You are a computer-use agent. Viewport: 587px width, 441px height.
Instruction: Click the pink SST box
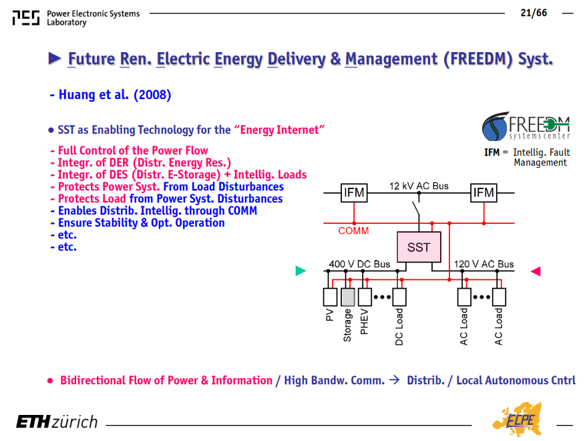419,247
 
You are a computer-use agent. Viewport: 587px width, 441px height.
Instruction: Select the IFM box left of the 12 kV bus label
354,192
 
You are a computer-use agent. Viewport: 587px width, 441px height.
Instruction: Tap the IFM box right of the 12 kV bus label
483,192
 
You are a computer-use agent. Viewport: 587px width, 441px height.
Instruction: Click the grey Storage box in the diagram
348,297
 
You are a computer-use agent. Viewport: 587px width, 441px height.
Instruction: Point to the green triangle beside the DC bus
301,271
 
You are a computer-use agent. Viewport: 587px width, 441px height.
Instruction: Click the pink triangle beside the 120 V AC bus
536,271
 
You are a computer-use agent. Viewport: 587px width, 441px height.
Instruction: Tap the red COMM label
353,231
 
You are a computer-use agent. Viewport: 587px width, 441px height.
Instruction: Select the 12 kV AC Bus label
419,186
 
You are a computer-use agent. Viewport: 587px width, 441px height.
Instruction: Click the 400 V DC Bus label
359,264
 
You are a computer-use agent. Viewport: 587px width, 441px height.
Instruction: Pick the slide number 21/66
534,13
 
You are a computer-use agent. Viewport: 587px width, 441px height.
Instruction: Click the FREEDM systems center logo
526,126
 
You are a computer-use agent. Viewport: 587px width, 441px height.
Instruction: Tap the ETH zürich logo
57,422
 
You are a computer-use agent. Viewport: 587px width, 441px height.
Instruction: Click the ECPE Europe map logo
518,419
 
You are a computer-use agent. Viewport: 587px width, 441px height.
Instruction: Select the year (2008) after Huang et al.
152,94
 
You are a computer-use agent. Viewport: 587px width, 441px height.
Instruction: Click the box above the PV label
330,297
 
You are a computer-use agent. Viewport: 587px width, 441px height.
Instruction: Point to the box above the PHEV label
365,297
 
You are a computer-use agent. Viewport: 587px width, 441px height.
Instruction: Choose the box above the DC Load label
399,297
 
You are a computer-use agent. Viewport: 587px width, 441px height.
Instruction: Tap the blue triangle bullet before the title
55,58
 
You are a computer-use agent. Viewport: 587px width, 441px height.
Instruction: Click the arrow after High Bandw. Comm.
395,380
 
